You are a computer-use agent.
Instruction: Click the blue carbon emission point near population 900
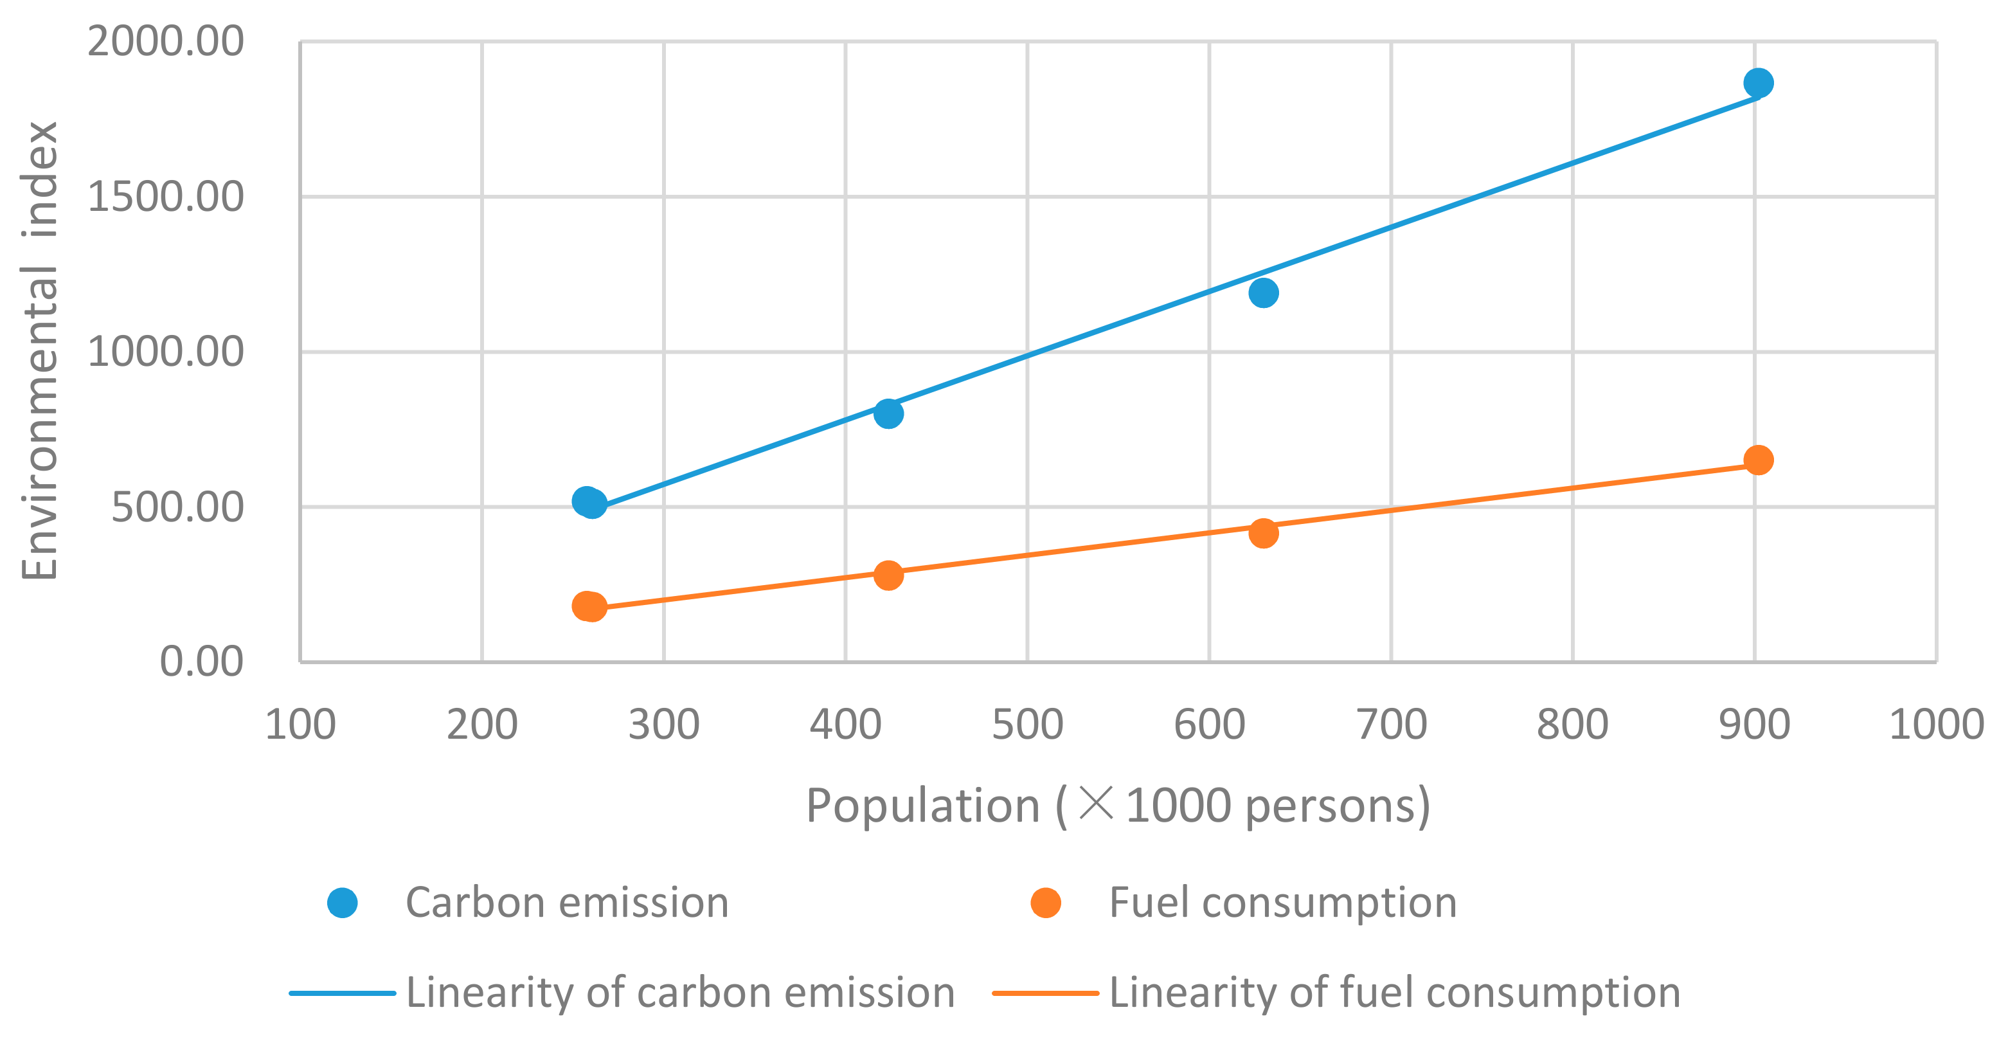1758,83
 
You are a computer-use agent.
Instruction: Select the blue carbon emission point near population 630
1263,293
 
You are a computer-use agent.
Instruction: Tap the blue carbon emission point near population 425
888,413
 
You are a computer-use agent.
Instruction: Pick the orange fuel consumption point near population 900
1758,460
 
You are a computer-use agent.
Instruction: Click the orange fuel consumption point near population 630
1263,533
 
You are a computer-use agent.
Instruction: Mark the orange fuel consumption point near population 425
888,575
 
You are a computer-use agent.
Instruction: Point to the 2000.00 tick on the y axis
165,41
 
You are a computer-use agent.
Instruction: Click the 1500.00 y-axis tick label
165,197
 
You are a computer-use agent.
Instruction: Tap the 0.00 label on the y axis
201,662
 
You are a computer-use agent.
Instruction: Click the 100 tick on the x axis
300,725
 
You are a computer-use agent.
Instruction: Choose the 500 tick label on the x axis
1026,725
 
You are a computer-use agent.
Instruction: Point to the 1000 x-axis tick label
1935,725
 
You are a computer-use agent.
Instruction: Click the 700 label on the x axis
1391,725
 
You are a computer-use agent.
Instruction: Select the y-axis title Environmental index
39,351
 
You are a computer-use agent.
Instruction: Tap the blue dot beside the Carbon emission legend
342,903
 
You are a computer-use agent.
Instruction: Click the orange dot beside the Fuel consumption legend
1045,903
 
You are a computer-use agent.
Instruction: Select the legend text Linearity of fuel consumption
1394,993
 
